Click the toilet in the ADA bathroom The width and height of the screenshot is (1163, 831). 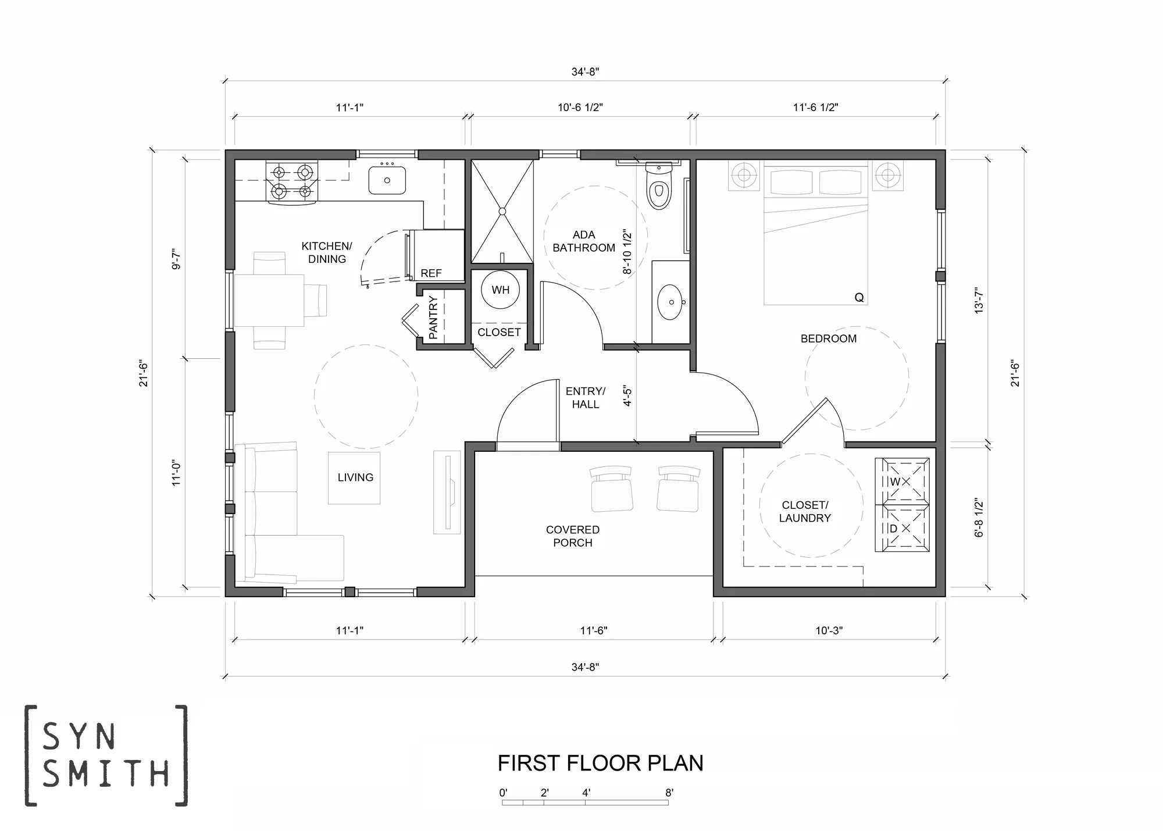659,186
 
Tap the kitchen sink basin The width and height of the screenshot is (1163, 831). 387,180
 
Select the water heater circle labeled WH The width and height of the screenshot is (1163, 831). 500,290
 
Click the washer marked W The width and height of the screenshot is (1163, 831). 902,480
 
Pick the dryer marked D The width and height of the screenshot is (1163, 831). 902,527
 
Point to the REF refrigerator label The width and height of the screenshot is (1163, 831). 431,273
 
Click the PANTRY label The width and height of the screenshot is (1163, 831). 433,318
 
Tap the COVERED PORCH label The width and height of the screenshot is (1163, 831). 573,536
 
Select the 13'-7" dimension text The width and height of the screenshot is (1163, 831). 979,300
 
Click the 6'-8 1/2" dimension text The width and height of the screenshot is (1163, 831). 979,518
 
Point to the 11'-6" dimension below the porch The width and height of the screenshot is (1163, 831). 594,630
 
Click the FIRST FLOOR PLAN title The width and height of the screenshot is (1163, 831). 601,763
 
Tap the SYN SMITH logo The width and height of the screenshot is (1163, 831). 106,755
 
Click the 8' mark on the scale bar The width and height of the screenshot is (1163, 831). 669,793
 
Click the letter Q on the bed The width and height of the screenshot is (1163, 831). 859,298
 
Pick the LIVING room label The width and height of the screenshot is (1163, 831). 355,477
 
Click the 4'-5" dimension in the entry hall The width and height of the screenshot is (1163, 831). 627,395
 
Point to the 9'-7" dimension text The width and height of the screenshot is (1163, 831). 177,259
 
